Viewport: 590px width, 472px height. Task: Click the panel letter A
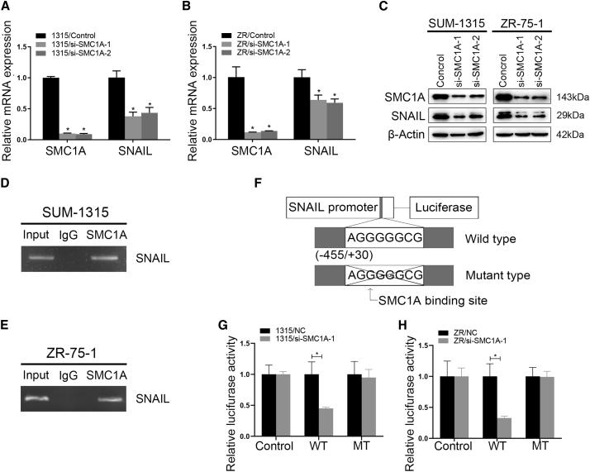[x=7, y=8]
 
